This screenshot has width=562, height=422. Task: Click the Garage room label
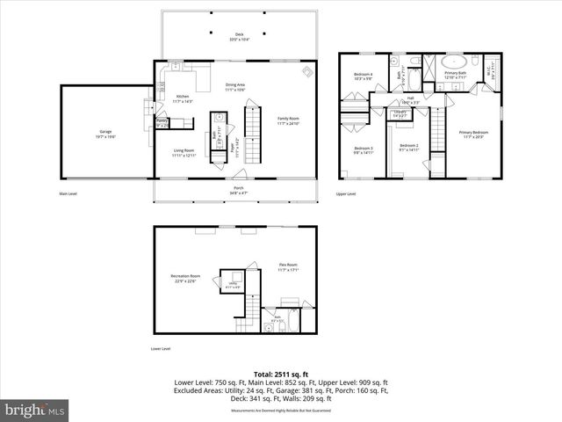pos(104,131)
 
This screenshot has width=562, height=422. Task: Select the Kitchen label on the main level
pos(183,98)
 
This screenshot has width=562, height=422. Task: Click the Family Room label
pos(289,120)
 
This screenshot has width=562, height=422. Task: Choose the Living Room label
pos(183,152)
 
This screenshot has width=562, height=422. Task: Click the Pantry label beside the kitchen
pos(162,121)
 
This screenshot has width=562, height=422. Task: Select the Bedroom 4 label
pos(364,76)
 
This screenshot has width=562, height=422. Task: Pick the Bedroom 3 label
pos(364,150)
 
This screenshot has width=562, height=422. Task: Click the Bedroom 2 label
pos(408,148)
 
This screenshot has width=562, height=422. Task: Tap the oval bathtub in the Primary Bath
pos(455,62)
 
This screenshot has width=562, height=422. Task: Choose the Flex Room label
pos(289,267)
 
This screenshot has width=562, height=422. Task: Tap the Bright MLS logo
pos(35,410)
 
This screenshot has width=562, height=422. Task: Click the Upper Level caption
pos(346,193)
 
